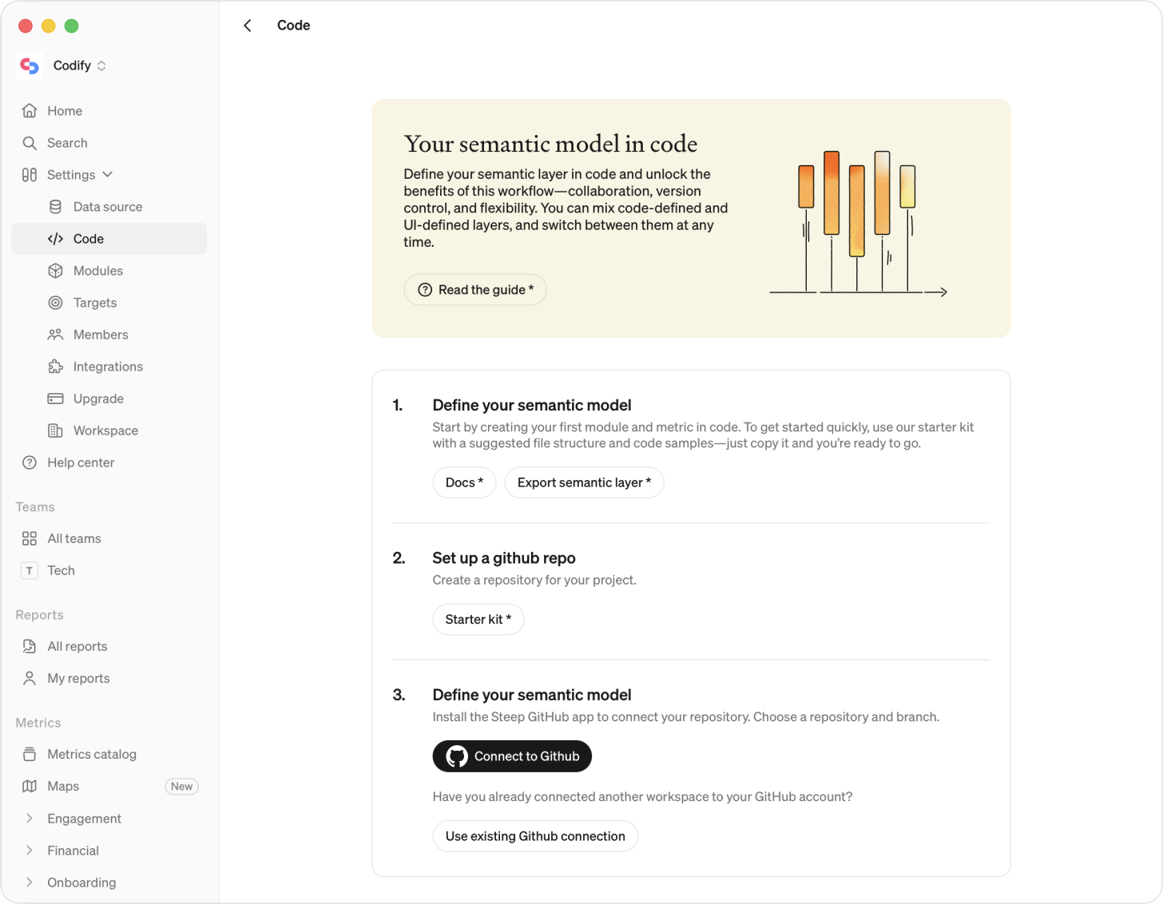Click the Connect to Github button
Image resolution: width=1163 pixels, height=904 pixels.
512,756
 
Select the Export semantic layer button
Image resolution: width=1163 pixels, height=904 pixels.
584,482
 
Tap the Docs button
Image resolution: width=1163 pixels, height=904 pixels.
464,482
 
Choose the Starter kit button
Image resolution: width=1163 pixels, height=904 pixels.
478,620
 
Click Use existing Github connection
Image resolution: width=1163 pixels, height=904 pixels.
535,836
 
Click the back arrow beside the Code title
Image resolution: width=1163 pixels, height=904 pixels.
248,26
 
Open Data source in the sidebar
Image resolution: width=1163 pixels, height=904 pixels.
107,207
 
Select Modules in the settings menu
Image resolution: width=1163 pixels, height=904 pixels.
97,271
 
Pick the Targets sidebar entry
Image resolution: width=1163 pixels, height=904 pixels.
94,303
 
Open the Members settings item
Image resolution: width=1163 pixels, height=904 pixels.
100,335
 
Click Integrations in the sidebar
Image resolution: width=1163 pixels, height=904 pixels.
108,367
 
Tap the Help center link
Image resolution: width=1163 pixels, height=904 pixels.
80,462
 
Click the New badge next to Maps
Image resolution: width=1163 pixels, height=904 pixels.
181,787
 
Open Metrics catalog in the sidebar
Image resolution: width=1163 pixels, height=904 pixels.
91,755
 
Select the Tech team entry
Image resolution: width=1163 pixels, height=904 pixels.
61,570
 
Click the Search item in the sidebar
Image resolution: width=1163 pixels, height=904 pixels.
67,143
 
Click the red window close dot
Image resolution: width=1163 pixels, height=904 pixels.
26,26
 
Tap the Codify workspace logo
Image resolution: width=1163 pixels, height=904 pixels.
30,65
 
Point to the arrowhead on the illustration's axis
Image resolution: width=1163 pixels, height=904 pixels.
943,292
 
